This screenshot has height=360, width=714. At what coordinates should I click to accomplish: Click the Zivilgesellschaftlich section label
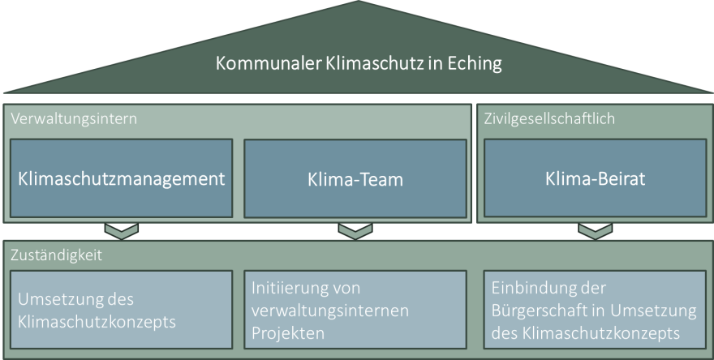coord(548,118)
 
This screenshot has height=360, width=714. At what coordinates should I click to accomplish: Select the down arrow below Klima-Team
coord(355,232)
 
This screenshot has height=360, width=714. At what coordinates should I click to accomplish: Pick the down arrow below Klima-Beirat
coord(595,232)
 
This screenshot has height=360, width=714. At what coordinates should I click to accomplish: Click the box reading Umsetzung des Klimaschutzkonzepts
coord(121,309)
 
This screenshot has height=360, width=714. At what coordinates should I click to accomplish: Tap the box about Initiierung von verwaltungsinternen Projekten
coord(355,309)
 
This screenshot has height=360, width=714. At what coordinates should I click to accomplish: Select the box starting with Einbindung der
coord(595,309)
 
